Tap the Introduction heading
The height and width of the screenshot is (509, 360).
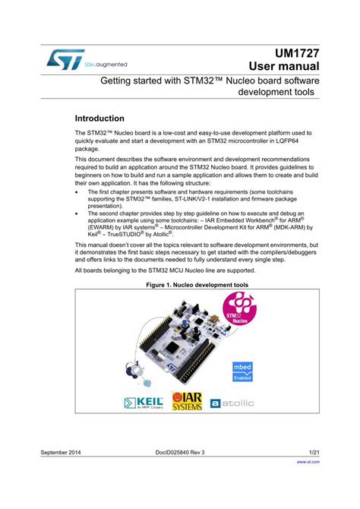99,119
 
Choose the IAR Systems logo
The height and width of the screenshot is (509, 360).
187,400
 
